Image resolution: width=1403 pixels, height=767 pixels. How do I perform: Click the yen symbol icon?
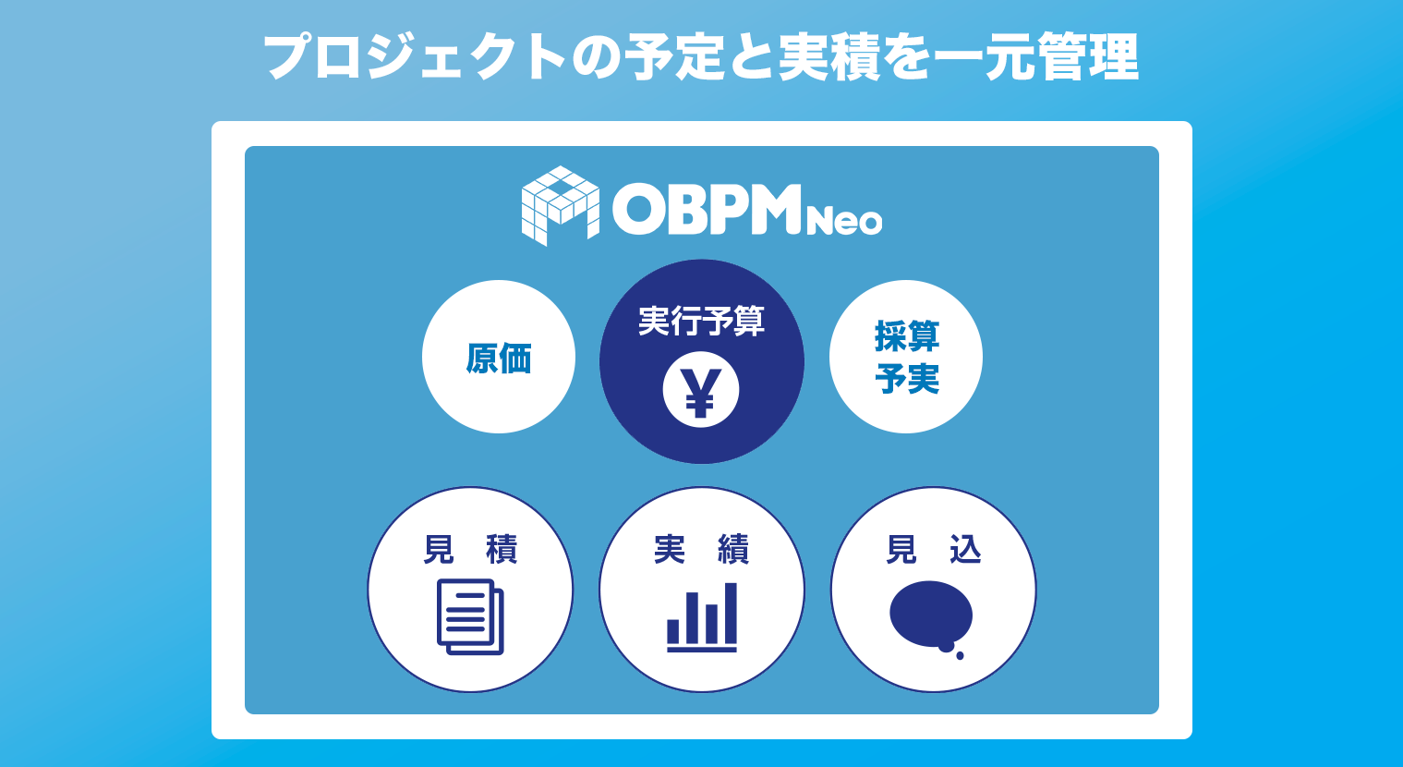(x=701, y=390)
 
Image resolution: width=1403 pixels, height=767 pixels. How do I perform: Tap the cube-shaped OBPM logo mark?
(x=561, y=205)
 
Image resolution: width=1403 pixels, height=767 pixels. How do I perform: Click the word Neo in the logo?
(x=844, y=221)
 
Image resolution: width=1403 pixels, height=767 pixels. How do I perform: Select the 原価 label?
(x=499, y=358)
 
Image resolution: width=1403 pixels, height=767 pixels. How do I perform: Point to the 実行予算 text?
(x=702, y=321)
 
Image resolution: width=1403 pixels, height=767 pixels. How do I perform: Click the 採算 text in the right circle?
(x=907, y=336)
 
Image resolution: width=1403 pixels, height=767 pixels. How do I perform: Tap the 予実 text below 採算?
(x=907, y=379)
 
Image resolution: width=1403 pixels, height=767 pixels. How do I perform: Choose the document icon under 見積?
(x=470, y=616)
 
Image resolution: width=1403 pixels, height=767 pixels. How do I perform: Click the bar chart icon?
(x=702, y=617)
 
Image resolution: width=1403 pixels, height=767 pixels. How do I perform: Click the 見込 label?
(x=933, y=550)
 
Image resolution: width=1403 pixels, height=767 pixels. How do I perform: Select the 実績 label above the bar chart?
(x=702, y=550)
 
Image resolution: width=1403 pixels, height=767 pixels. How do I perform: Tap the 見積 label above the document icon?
(x=470, y=550)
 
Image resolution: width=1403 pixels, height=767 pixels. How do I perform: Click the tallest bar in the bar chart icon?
(x=731, y=614)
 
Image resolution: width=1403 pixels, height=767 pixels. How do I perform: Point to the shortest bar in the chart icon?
(x=673, y=632)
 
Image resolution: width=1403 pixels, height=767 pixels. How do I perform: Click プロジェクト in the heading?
(x=415, y=57)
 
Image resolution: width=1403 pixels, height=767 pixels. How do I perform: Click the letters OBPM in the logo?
(x=707, y=209)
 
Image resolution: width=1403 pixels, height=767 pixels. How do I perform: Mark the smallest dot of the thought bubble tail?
(x=961, y=655)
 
